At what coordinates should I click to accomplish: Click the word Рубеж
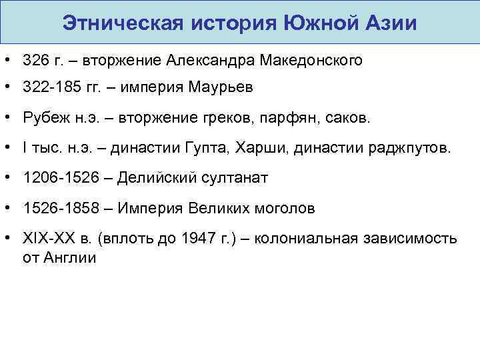[41, 119]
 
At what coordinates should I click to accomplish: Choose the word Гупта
[206, 148]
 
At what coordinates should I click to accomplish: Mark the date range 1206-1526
[53, 178]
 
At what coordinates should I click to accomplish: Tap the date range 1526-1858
[53, 208]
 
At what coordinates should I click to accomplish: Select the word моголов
[283, 208]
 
